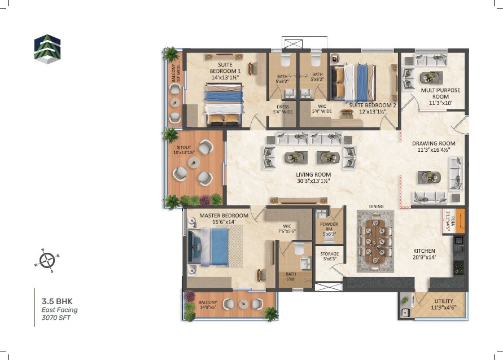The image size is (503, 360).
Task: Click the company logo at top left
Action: [46, 48]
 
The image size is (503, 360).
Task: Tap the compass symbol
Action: [47, 260]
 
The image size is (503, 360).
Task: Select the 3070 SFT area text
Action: [56, 318]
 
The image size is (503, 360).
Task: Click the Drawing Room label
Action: [433, 147]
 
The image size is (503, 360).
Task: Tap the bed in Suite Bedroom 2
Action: [353, 82]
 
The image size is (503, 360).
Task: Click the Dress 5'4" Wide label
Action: [282, 109]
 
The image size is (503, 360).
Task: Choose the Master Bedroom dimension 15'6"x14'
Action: [224, 222]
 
